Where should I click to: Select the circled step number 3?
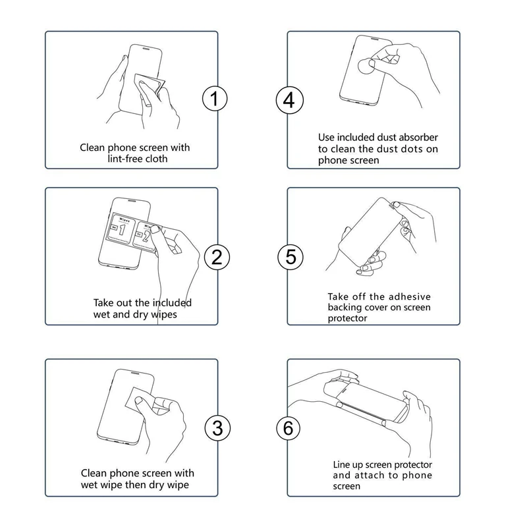215,428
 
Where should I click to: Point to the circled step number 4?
289,100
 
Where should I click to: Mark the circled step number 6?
288,428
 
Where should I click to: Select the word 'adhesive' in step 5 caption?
413,297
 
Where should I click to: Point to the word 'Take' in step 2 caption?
104,303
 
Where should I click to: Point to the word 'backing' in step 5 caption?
346,308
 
